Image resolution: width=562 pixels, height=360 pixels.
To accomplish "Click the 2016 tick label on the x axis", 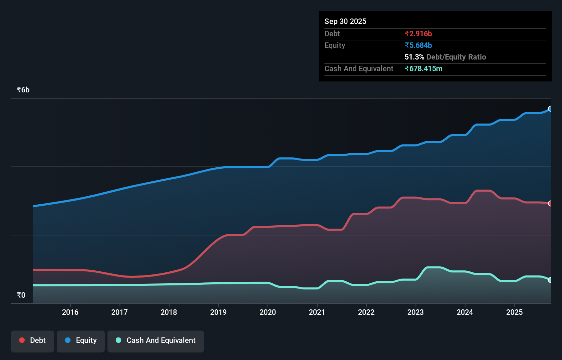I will pos(70,312).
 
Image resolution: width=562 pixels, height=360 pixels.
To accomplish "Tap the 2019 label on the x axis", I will pos(218,312).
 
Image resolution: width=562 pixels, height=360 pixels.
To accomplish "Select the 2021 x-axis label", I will pos(317,312).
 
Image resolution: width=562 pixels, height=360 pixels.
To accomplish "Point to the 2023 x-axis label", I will pos(416,312).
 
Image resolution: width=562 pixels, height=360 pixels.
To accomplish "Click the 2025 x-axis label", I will pos(514,312).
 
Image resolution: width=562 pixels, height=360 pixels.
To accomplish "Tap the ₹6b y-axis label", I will pos(23,90).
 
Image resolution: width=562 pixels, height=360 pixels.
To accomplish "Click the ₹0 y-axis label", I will pos(21,295).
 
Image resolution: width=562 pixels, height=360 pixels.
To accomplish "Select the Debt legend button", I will pos(33,340).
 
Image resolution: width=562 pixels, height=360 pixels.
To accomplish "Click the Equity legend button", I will pos(81,340).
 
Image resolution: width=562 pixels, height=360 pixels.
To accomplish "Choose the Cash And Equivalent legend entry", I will pos(156,340).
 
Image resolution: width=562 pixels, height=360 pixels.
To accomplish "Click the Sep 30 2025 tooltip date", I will pos(345,21).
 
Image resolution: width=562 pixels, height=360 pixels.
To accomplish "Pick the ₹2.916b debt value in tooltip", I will pos(418,34).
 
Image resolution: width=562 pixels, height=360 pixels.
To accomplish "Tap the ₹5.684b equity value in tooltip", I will pos(418,45).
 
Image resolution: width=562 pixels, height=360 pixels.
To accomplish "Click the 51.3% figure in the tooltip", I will pos(414,57).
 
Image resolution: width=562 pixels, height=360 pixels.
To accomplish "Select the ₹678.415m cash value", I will pos(423,68).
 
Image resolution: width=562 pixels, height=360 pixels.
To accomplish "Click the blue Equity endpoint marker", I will pos(550,109).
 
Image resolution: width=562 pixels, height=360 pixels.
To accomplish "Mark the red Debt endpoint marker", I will pos(550,203).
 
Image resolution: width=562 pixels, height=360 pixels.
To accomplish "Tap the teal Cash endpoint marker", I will pos(550,280).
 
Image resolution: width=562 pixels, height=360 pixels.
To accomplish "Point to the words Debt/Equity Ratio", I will pos(456,57).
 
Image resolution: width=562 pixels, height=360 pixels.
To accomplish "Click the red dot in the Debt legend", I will pos(22,340).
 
